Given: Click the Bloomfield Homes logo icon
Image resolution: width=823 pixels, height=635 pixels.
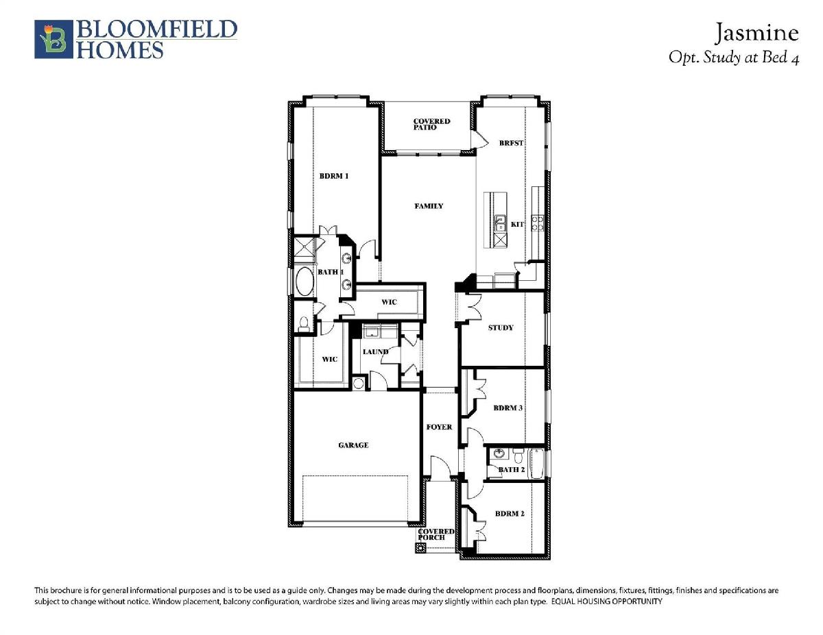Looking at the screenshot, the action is [x=53, y=39].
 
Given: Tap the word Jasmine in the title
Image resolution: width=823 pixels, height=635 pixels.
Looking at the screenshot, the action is [x=756, y=33].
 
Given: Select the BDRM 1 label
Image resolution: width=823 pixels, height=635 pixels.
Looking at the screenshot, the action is [x=334, y=176].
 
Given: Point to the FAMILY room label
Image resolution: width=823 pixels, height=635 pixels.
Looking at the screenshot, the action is [x=429, y=206].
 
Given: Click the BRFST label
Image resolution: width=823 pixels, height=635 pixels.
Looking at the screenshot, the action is [x=511, y=143].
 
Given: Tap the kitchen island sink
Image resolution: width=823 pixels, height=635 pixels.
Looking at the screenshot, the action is [x=500, y=223].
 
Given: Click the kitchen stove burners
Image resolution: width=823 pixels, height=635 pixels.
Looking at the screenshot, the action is [x=538, y=223].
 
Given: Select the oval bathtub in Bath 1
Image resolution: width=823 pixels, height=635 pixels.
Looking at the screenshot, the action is [x=305, y=282].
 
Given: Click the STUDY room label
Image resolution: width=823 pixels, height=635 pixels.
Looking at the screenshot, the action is [x=501, y=327].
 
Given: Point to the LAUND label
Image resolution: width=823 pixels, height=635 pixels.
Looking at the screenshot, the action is [x=375, y=351].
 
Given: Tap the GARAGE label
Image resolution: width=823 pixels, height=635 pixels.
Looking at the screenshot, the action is [x=353, y=445].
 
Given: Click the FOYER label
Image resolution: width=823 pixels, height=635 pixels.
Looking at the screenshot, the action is [x=440, y=427].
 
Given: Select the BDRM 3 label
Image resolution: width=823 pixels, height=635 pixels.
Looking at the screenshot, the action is [x=508, y=408].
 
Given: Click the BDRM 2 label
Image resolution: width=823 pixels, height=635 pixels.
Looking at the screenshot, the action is [x=510, y=514].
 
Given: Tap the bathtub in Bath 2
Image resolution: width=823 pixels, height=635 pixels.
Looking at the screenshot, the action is [x=537, y=463].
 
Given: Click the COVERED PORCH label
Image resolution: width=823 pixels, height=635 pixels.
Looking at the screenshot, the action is [x=436, y=534].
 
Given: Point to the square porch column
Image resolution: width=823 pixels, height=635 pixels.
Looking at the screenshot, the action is [x=420, y=547].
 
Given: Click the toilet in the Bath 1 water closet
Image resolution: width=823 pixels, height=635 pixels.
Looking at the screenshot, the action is [x=303, y=324].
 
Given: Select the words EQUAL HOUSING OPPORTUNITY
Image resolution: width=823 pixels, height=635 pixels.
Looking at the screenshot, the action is [x=607, y=601].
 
